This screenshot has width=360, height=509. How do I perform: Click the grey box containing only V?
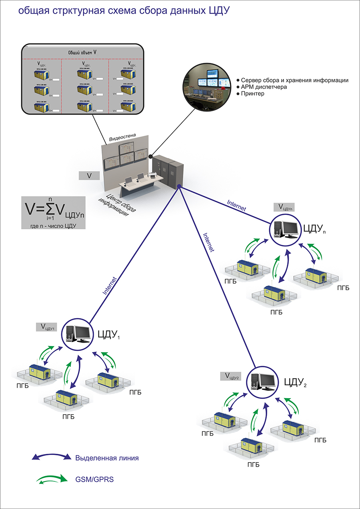(x=89, y=175)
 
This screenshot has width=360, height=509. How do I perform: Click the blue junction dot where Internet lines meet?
(x=180, y=186)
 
